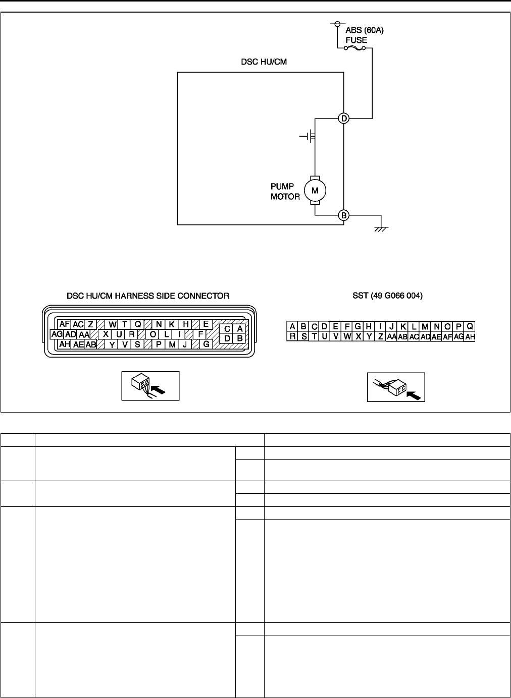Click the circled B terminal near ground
344,215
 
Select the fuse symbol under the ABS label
355,48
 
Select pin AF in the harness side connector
64,324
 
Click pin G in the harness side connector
206,344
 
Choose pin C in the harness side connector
228,328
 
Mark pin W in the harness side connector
112,324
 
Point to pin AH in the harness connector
64,344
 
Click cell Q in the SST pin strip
470,326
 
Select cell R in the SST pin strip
292,336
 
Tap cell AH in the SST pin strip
470,336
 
